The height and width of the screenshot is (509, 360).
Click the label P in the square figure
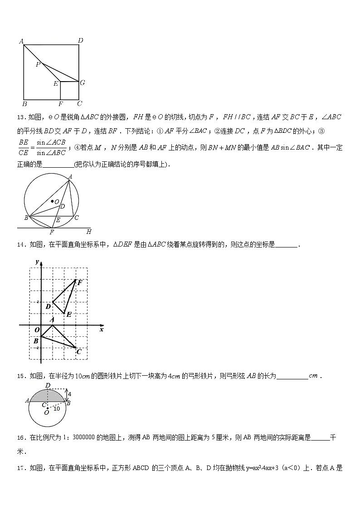click(x=38, y=64)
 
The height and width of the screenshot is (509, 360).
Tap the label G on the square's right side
click(x=82, y=82)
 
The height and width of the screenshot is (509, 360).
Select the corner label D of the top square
click(x=80, y=41)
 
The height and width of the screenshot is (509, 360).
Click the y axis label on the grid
click(x=36, y=262)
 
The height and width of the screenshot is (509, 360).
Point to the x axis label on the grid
click(x=102, y=330)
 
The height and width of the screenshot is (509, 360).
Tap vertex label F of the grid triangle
click(x=80, y=282)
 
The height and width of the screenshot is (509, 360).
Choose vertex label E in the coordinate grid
click(x=69, y=314)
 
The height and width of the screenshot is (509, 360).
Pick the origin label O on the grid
click(x=37, y=330)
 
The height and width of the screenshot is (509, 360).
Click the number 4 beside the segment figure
click(x=69, y=394)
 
